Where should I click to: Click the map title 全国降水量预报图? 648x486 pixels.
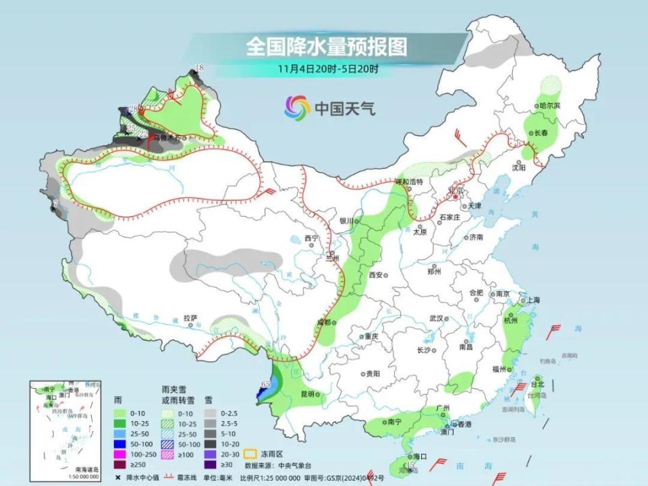327,47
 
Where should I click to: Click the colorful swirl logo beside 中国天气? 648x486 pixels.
297,106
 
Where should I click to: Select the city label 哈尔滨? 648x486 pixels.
550,106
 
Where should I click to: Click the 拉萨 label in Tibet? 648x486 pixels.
190,317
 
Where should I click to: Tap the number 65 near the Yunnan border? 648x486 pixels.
266,383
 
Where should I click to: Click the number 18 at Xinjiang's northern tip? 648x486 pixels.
198,67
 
